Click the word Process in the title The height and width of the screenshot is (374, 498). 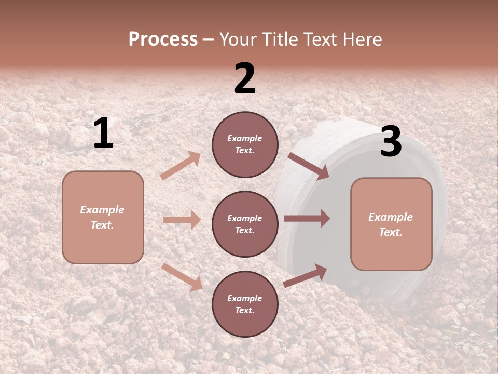click(163, 39)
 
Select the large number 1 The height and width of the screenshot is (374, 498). click(103, 133)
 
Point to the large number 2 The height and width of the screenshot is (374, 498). click(245, 78)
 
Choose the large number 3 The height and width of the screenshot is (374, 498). click(391, 142)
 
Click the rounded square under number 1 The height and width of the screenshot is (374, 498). click(103, 217)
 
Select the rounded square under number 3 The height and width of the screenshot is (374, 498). click(391, 224)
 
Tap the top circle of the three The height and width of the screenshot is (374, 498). click(245, 144)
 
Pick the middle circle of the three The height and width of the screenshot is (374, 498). click(245, 224)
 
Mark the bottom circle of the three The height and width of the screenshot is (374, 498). click(245, 304)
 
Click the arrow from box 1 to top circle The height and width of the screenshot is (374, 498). click(181, 166)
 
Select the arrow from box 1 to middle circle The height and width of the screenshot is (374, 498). click(182, 220)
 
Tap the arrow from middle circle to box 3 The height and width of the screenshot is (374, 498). click(307, 218)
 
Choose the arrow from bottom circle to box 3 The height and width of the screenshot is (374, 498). click(305, 276)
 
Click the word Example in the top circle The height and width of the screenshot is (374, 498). click(245, 139)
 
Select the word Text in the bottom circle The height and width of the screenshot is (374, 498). click(244, 310)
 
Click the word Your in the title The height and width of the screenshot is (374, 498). click(237, 39)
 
